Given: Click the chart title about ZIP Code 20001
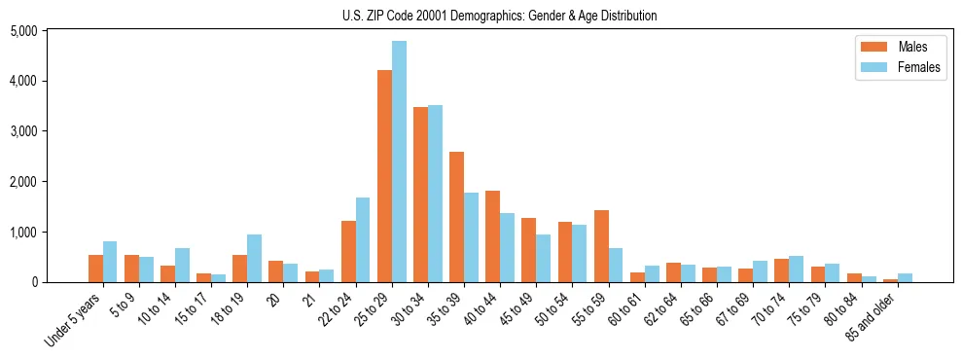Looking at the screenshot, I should pyautogui.click(x=500, y=16).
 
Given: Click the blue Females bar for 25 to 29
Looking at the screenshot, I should pyautogui.click(x=399, y=162).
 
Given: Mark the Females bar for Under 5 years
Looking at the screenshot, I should pyautogui.click(x=110, y=262).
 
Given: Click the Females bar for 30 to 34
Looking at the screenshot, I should pyautogui.click(x=435, y=194).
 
